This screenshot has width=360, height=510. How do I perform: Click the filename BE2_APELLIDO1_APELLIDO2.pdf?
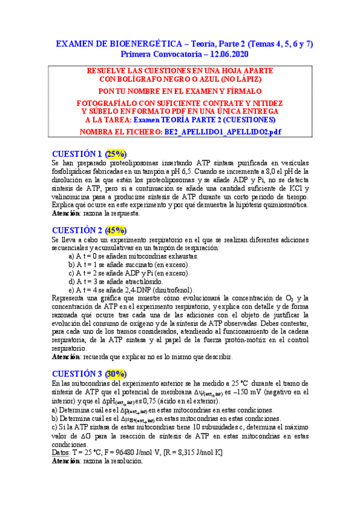pyautogui.click(x=215, y=131)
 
